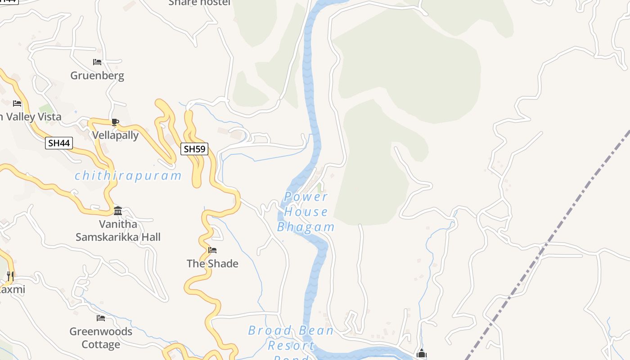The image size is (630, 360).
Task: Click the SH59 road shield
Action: coord(194,148)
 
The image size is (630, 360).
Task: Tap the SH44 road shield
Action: coord(59,143)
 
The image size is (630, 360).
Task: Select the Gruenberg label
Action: coord(97,76)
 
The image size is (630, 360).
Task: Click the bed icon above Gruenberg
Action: coord(97,62)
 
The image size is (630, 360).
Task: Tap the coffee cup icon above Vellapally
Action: coord(115,121)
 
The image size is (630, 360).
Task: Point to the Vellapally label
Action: coord(115,135)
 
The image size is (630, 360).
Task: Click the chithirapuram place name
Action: coord(128,175)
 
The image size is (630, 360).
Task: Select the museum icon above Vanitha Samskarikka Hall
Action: coord(118,211)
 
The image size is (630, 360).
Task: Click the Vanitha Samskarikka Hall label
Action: coord(118,230)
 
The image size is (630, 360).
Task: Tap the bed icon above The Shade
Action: coord(212,250)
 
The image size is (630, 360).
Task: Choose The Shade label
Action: coord(212,263)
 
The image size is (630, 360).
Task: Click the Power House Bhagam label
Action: coord(306,211)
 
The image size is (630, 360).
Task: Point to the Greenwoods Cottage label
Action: coord(101,338)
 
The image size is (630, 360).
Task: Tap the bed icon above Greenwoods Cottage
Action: coord(101,318)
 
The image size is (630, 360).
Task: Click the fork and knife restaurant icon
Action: coord(10,276)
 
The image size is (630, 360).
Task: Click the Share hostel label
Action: coord(199,3)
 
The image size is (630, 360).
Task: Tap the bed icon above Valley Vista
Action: coord(17,103)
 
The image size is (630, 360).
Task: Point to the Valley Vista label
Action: coord(31,117)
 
